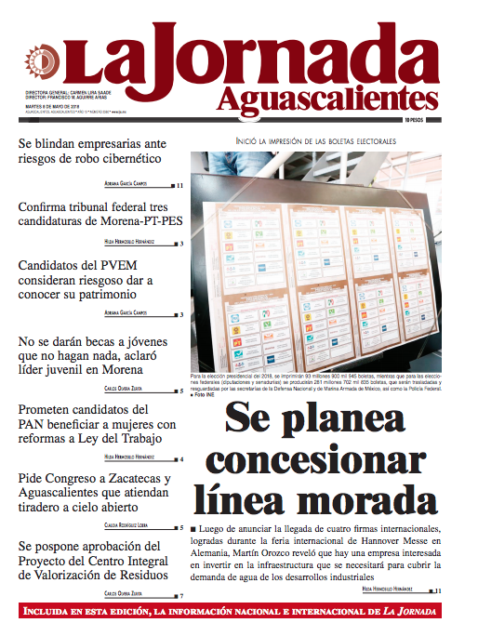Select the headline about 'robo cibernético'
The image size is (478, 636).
tap(92, 151)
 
